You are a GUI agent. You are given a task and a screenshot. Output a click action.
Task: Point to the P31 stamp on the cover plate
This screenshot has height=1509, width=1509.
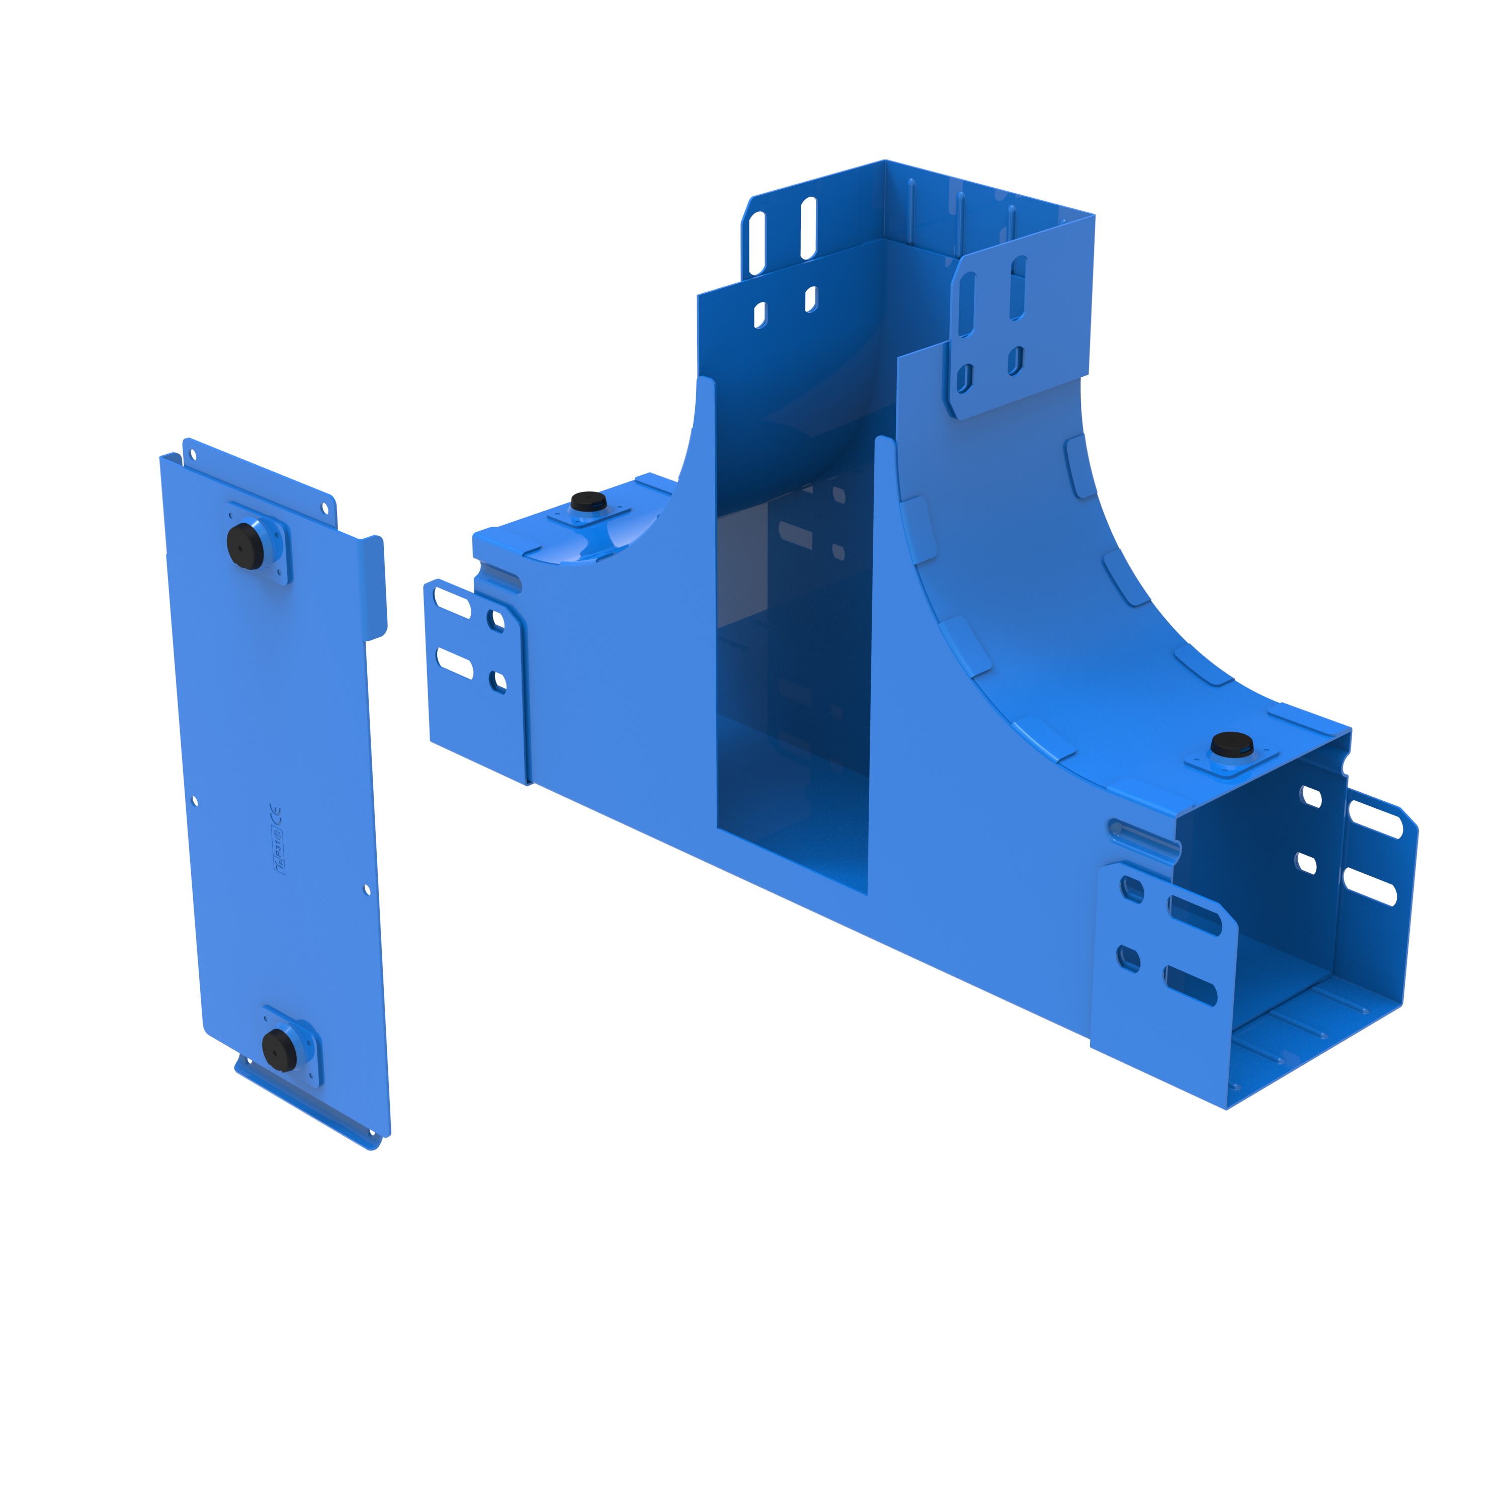point(277,847)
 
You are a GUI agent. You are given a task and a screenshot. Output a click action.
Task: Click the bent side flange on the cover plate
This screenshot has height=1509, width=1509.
point(374,586)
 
